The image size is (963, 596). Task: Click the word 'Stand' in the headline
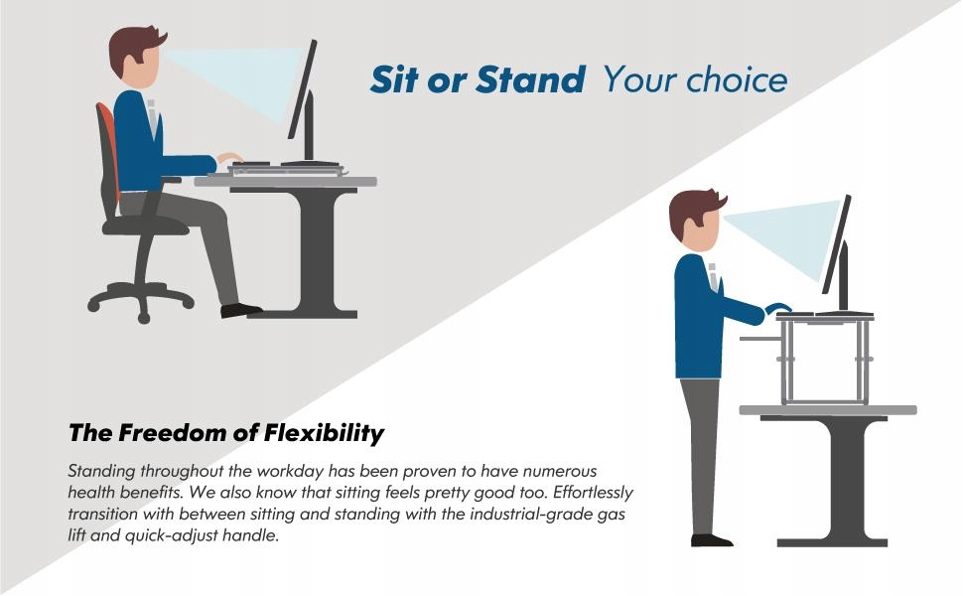point(530,79)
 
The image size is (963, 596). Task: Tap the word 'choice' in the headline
point(737,79)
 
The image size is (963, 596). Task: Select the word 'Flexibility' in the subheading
point(324,434)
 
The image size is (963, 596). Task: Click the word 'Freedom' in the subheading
point(172,433)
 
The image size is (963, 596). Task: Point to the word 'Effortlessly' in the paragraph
point(594,492)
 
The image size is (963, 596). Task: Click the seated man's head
point(135,57)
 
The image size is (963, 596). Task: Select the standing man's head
point(695,220)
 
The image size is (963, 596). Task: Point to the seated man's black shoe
point(240,310)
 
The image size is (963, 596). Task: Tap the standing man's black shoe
point(711,540)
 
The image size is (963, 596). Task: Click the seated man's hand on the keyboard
point(229,157)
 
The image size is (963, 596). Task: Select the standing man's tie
point(713,277)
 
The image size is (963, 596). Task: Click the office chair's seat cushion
point(145,226)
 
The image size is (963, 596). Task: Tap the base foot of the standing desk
point(832,542)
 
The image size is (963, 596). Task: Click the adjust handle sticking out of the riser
point(760,339)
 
